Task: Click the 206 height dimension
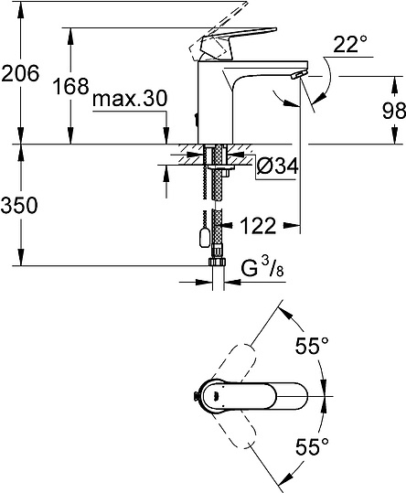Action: [x=21, y=74]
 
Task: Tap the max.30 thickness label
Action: [x=128, y=97]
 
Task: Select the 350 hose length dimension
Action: [x=20, y=206]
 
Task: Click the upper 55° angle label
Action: [x=311, y=347]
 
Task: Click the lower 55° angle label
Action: [x=311, y=448]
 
